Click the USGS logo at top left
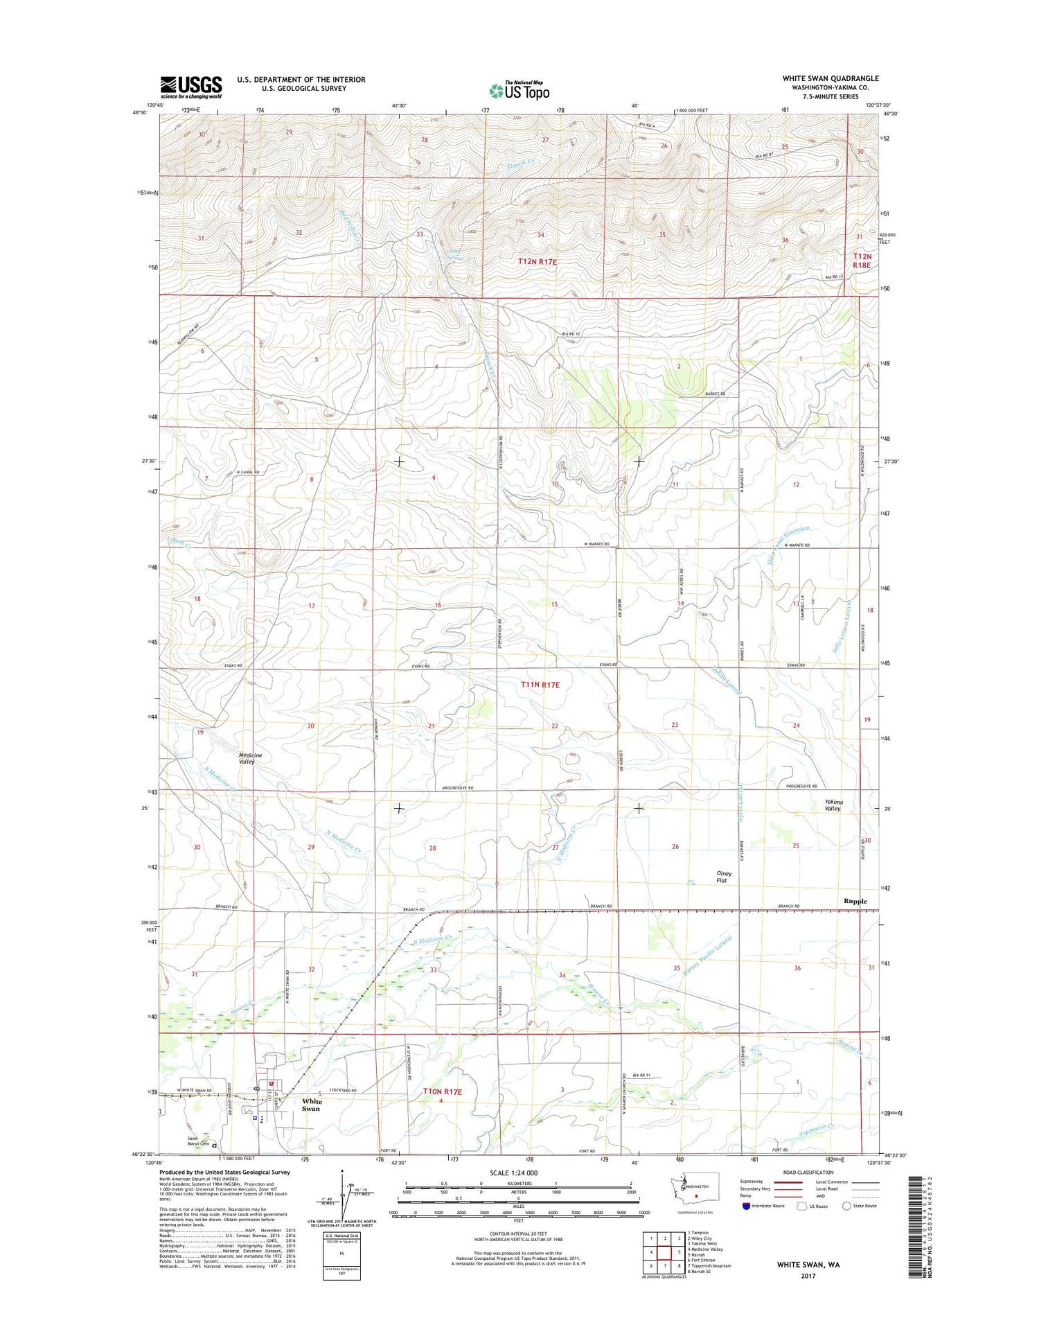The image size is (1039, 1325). [x=191, y=87]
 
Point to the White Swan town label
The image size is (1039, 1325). [x=311, y=1105]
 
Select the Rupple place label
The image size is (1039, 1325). [x=855, y=901]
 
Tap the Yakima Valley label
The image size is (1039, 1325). [x=833, y=805]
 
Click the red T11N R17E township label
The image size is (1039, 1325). [x=540, y=685]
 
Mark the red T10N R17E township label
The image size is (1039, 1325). [x=442, y=1091]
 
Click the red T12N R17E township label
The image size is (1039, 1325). [x=538, y=262]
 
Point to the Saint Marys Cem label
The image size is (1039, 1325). [x=197, y=1141]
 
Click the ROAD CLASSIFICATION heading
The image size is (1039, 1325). [x=809, y=1173]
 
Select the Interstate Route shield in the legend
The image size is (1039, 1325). [x=746, y=1206]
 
